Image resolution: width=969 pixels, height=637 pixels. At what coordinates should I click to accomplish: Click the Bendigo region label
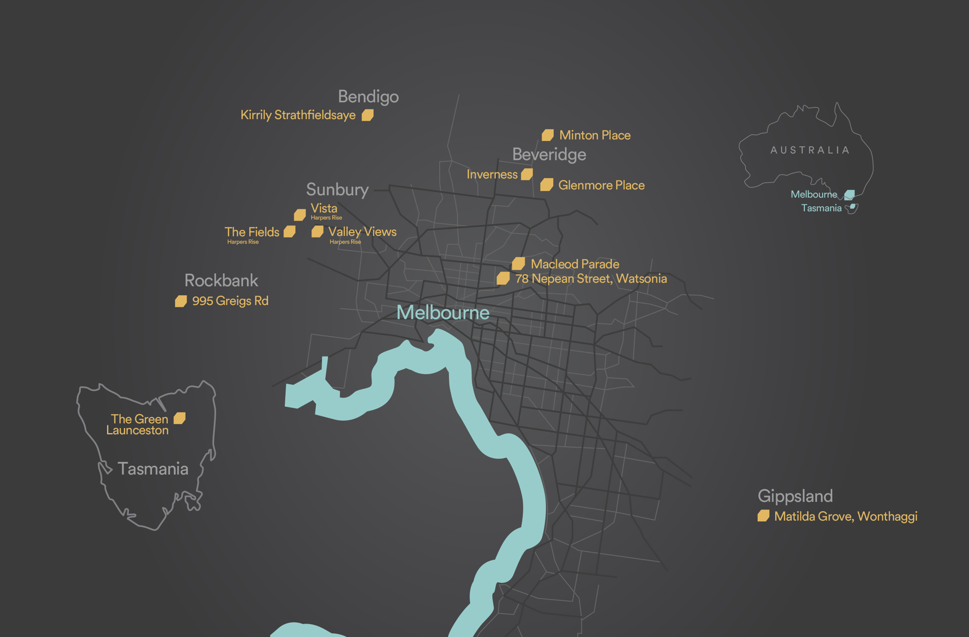coord(368,97)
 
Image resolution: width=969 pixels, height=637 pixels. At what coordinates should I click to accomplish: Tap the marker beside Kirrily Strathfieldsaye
coord(368,115)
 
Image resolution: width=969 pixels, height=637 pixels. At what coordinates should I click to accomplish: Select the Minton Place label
coord(594,135)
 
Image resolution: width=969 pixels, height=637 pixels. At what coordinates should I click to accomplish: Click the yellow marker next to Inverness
coord(527,174)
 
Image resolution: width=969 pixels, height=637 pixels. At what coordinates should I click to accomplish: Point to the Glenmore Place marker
coord(547,185)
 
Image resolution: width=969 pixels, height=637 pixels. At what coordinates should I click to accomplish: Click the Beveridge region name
coord(549,155)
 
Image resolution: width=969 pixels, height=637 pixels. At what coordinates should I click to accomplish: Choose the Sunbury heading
coord(337,189)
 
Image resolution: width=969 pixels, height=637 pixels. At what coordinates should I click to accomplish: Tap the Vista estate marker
coord(300,215)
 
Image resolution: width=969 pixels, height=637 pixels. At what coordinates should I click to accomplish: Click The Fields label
coord(252,232)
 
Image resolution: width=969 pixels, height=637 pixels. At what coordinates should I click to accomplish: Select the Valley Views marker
coord(317,232)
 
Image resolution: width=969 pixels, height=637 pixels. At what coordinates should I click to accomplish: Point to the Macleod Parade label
coord(575,264)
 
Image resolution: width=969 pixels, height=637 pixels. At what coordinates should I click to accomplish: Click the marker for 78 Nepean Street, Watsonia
coord(503,279)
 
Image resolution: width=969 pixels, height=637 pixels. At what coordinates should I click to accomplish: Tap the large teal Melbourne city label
coord(443,313)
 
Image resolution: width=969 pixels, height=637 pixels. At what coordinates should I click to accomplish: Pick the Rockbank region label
coord(221,280)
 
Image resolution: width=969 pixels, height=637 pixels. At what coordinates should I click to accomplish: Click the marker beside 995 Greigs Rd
coord(181,301)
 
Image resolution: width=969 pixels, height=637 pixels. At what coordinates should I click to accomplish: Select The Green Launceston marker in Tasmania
coord(180,418)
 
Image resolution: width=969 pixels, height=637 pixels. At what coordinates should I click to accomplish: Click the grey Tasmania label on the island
coord(153,469)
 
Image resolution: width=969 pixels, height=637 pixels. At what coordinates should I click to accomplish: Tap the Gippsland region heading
coord(795,496)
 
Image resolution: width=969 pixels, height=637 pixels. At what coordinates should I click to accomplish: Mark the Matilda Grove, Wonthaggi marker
coord(763,516)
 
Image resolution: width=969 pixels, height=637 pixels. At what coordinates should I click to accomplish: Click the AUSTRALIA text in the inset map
coord(810,150)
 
